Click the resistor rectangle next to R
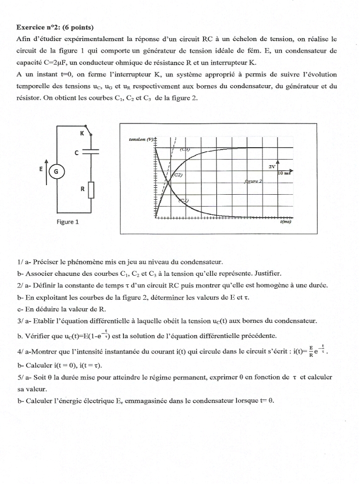coord(91,190)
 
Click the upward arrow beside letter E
coord(47,171)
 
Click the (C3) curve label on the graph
coord(184,149)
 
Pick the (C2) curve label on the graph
coord(178,175)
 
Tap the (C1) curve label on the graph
coord(183,201)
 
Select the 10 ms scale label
coord(284,173)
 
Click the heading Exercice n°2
coord(38,27)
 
